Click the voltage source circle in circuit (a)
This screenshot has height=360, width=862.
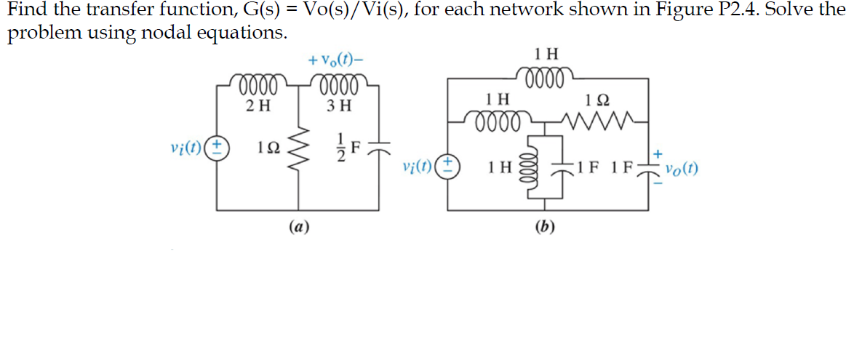tap(217, 148)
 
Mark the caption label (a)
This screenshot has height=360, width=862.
tap(299, 227)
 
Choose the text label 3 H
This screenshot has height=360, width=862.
tap(339, 105)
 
